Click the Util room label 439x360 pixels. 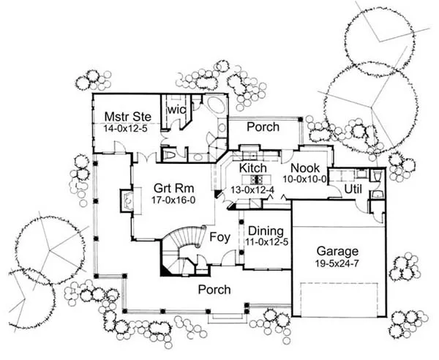[353, 190]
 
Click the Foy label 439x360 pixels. [221, 237]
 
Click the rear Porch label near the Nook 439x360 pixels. [263, 127]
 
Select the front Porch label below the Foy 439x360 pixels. [215, 290]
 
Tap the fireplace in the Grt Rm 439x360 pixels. [125, 199]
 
